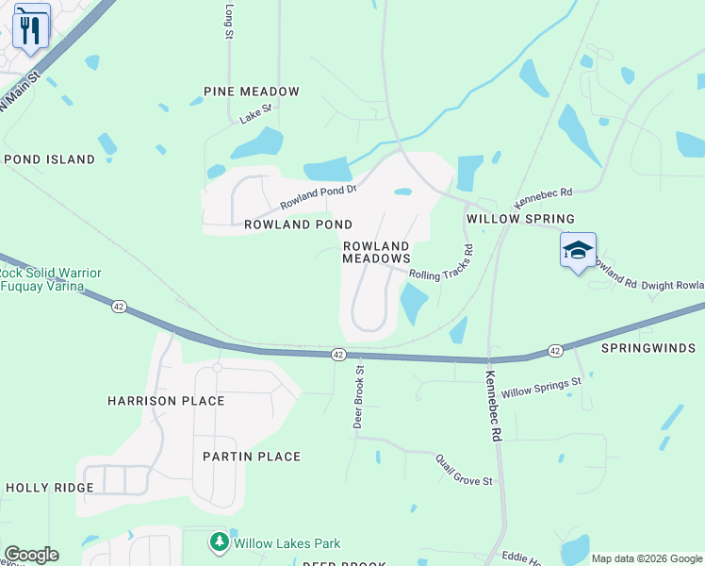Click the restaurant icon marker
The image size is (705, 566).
[x=30, y=29]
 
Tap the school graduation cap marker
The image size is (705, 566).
[x=578, y=251]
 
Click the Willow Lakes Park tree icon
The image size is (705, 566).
[x=220, y=542]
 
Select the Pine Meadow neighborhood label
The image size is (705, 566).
[x=252, y=92]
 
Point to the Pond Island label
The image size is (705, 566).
[x=49, y=159]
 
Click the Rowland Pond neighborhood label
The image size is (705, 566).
[x=298, y=225]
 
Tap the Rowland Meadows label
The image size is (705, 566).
[x=376, y=252]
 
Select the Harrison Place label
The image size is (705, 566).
[x=166, y=401]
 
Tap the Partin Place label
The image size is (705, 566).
[x=252, y=457]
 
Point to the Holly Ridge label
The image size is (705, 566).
[x=49, y=488]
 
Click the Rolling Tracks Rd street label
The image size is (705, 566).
[x=446, y=271]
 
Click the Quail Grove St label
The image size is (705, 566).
[x=464, y=469]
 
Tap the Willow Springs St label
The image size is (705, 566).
[x=542, y=387]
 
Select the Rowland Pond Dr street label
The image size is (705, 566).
[x=319, y=196]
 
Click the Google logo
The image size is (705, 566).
[x=31, y=555]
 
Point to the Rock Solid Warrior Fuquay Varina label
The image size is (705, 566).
[x=51, y=279]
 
